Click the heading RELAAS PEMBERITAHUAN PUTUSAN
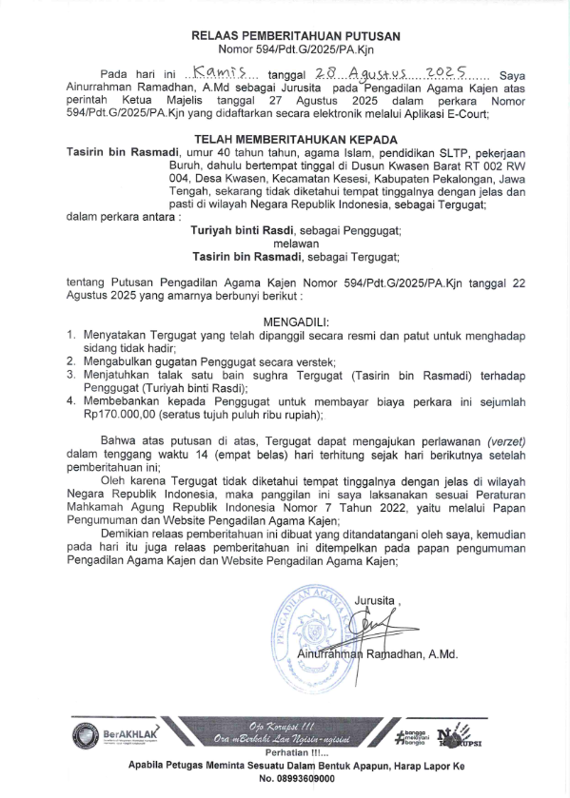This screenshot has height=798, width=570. (x=296, y=35)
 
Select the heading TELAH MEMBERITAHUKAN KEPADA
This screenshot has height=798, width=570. (x=295, y=138)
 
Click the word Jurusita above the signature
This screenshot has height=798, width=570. (x=377, y=600)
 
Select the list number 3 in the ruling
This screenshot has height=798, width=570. (x=71, y=375)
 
